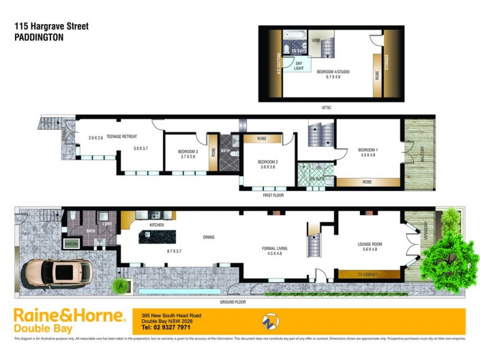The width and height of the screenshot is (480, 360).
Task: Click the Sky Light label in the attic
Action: [x=298, y=65]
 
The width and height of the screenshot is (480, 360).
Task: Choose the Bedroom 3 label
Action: [x=189, y=151]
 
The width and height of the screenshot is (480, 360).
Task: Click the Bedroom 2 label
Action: [x=266, y=162]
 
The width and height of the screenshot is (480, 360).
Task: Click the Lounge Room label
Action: [x=370, y=244]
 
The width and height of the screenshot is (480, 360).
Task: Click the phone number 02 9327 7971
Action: [x=166, y=328]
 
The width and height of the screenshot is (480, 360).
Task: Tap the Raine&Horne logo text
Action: [x=69, y=316]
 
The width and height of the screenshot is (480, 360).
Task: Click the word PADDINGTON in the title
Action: [x=38, y=37]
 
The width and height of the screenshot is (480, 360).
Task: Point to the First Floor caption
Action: [x=272, y=195]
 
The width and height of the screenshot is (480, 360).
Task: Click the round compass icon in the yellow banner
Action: [x=271, y=322]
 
